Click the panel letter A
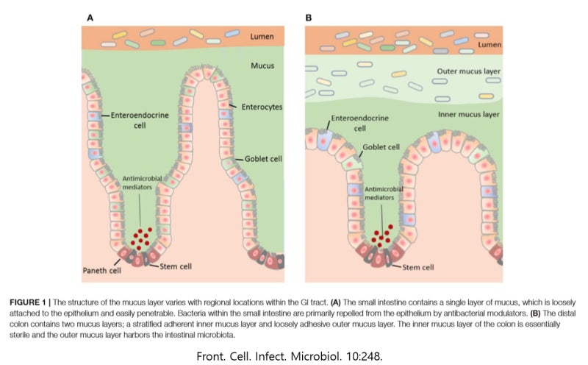pyautogui.click(x=90, y=17)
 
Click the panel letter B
pyautogui.click(x=309, y=17)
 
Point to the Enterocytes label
pyautogui.click(x=262, y=107)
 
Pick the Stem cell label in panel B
pyautogui.click(x=418, y=268)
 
